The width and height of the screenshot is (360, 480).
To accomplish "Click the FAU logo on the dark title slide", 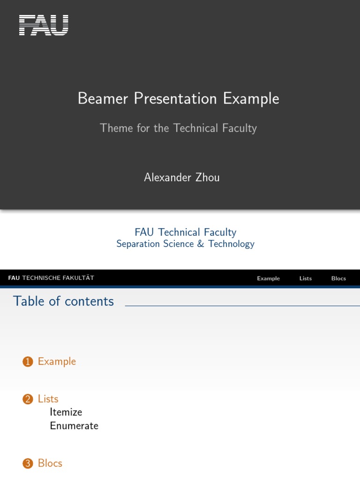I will point(44,25).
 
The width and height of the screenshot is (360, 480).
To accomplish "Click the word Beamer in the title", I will point(103,99).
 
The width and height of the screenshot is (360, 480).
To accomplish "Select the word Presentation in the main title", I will point(176,99).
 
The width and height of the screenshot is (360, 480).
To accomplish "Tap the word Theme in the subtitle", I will point(117,128).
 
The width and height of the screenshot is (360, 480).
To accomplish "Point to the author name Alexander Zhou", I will point(182,178).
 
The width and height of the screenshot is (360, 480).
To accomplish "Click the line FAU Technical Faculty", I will point(186,232).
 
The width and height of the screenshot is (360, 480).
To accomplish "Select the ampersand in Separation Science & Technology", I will point(201,244).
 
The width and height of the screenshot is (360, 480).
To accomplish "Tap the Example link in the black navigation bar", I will point(268,278).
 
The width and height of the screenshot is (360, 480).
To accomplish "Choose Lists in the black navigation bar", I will point(306,278).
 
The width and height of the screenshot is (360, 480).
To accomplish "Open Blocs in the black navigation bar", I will point(338,278).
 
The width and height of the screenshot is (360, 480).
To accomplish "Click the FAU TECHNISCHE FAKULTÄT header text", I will point(51,278).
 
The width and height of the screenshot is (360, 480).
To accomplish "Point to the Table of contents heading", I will point(63,301).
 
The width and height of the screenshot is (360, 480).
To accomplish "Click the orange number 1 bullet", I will point(28,362).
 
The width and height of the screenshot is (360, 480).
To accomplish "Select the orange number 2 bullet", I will point(28,399).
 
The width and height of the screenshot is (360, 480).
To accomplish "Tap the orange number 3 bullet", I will point(28,464).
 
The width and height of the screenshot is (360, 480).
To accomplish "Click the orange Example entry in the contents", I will point(57,361).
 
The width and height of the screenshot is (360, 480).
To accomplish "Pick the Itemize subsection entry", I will point(66,412).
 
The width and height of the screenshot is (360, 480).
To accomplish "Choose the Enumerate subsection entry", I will point(74,426).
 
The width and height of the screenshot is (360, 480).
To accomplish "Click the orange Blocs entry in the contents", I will point(50,463).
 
